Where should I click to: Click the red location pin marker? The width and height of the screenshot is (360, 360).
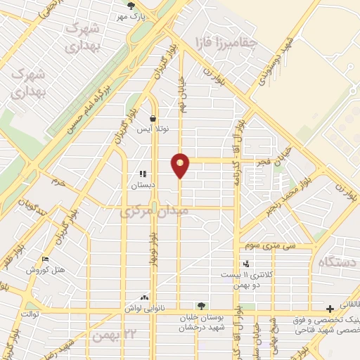coord(181,165)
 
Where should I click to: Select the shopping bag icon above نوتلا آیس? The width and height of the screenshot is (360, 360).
coord(153,119)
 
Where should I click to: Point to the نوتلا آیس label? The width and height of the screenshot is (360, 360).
coord(153,130)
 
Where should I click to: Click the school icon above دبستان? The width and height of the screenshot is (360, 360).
coord(143,174)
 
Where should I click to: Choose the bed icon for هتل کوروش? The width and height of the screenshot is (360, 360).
coord(46,259)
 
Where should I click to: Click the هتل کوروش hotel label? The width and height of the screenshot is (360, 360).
coord(46,270)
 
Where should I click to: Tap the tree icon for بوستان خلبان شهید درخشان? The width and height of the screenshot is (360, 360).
coord(202,306)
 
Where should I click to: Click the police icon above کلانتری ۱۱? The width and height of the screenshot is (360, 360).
coord(245,264)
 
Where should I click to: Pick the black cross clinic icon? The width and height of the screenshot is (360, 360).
coord(330,309)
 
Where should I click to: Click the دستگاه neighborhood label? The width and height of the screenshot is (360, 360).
coord(338,262)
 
